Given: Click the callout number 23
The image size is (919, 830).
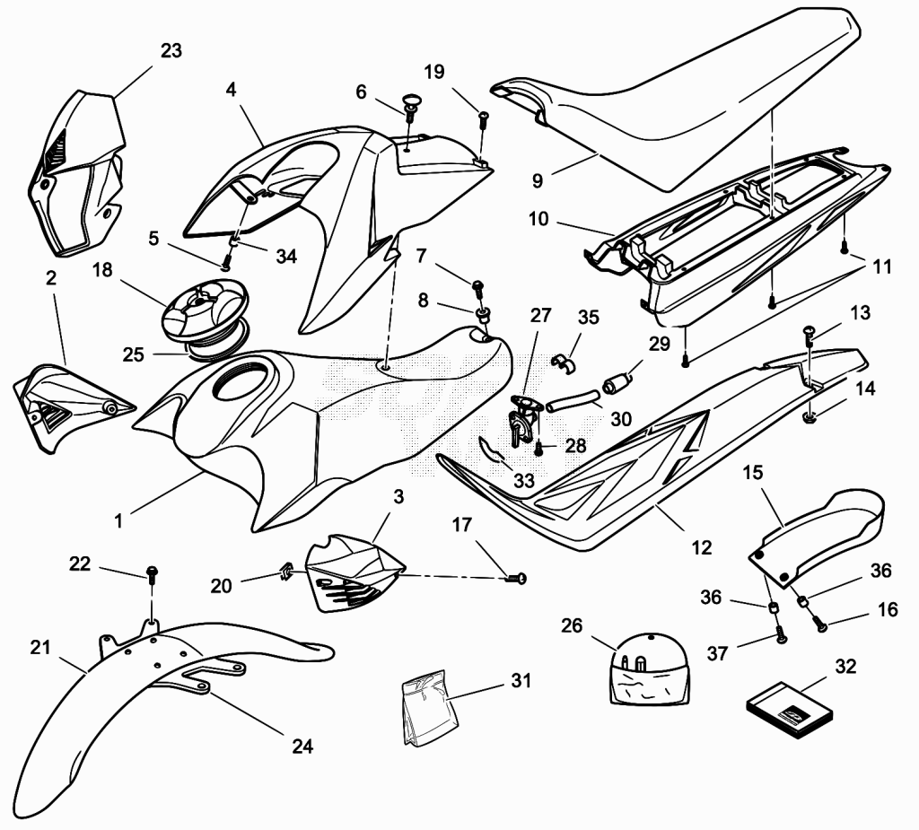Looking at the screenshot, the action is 171,51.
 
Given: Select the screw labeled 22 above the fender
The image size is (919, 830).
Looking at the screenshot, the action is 153,573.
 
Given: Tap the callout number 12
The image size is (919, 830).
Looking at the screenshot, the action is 702,547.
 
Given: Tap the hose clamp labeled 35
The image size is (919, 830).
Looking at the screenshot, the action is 564,363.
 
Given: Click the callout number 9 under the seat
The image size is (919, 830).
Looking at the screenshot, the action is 538,181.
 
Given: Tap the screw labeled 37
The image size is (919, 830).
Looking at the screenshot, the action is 780,634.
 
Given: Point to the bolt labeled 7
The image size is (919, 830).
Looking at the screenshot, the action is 477,286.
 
